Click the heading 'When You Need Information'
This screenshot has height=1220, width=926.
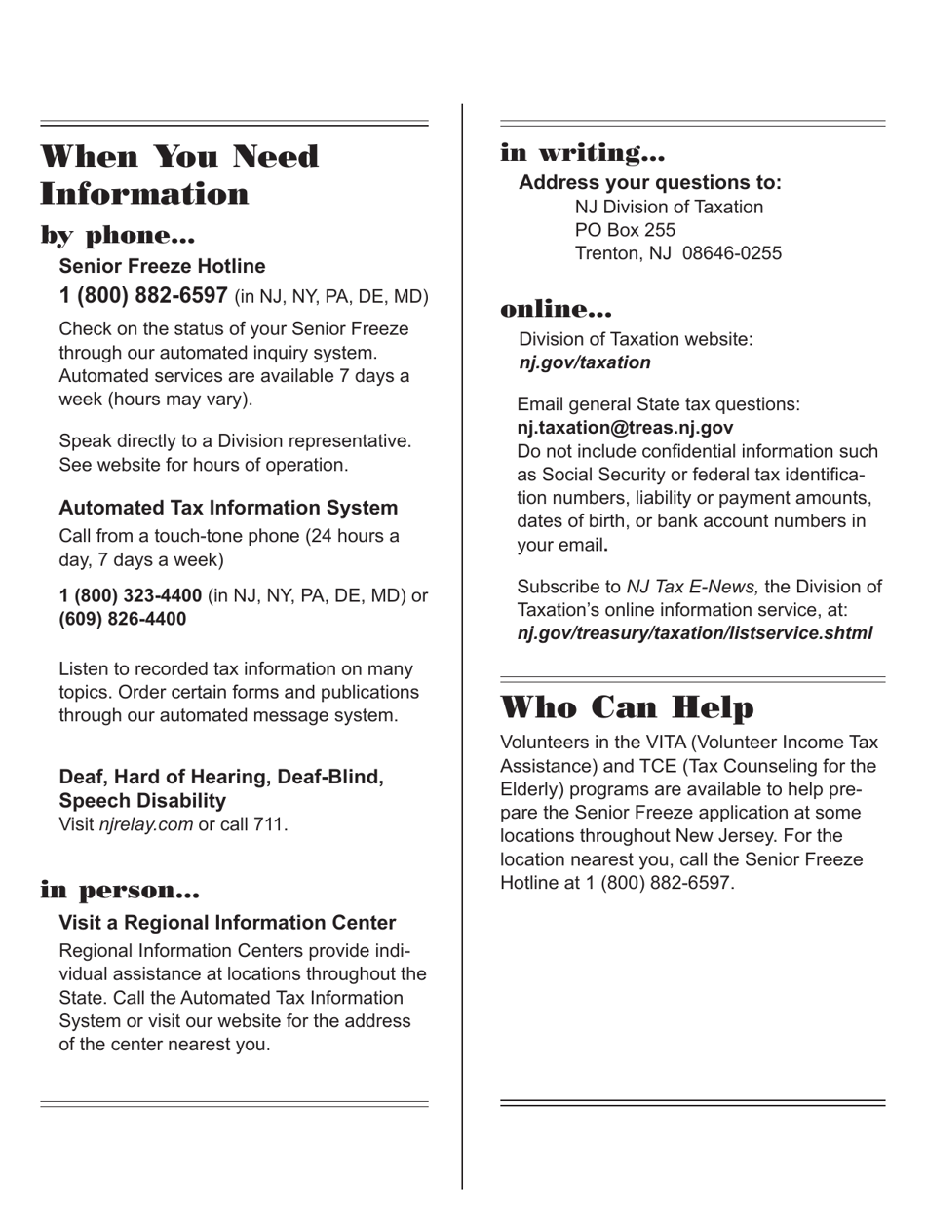coord(179,175)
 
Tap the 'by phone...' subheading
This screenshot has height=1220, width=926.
coord(118,236)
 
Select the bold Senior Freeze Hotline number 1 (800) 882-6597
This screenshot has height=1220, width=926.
coord(143,296)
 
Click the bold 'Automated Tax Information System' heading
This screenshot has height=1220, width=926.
coord(228,508)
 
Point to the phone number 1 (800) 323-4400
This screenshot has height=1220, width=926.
coord(131,595)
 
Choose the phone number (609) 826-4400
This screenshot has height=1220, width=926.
coord(123,619)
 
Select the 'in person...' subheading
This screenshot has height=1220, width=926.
coord(120,891)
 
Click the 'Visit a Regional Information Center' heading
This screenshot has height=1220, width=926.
coord(227,923)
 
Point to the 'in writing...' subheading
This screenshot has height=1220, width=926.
coord(582,153)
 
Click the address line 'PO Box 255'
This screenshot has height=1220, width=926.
coord(625,230)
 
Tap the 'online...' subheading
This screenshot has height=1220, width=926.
coord(556,310)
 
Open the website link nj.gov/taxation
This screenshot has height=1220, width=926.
coord(585,362)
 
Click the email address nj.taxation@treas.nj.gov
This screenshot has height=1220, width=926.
coord(625,428)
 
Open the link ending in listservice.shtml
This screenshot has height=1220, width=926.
coord(695,633)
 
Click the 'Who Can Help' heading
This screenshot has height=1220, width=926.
coord(627,707)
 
